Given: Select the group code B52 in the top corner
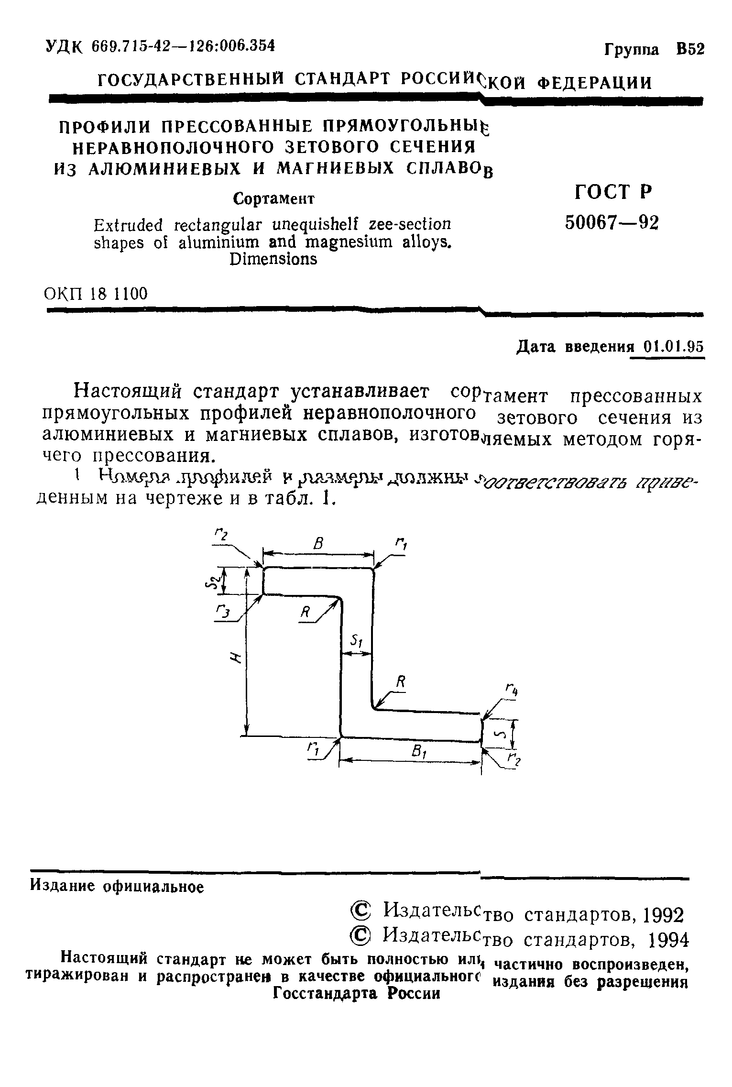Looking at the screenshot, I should (x=690, y=50).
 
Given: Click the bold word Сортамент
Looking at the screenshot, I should (x=273, y=198).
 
